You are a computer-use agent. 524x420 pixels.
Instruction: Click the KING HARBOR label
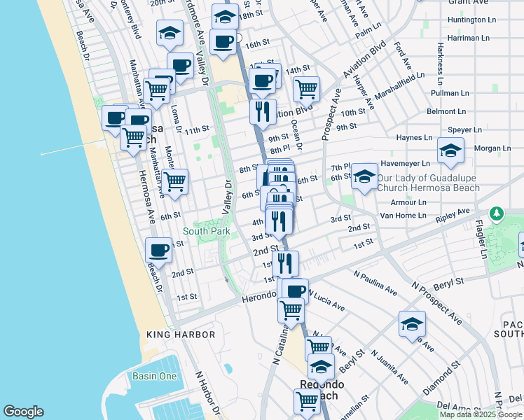pyautogui.click(x=181, y=335)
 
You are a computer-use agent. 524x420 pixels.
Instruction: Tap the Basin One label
pyautogui.click(x=155, y=376)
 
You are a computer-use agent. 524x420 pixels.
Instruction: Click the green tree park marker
pyautogui.click(x=497, y=212)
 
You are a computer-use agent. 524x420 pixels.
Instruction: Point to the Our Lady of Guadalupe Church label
pyautogui.click(x=428, y=183)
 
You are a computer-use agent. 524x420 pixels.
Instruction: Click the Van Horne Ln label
pyautogui.click(x=402, y=216)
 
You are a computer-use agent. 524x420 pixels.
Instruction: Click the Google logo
pyautogui.click(x=24, y=412)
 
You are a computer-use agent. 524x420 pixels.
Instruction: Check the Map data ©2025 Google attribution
pyautogui.click(x=481, y=414)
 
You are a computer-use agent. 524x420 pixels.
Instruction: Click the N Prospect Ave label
pyautogui.click(x=436, y=302)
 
